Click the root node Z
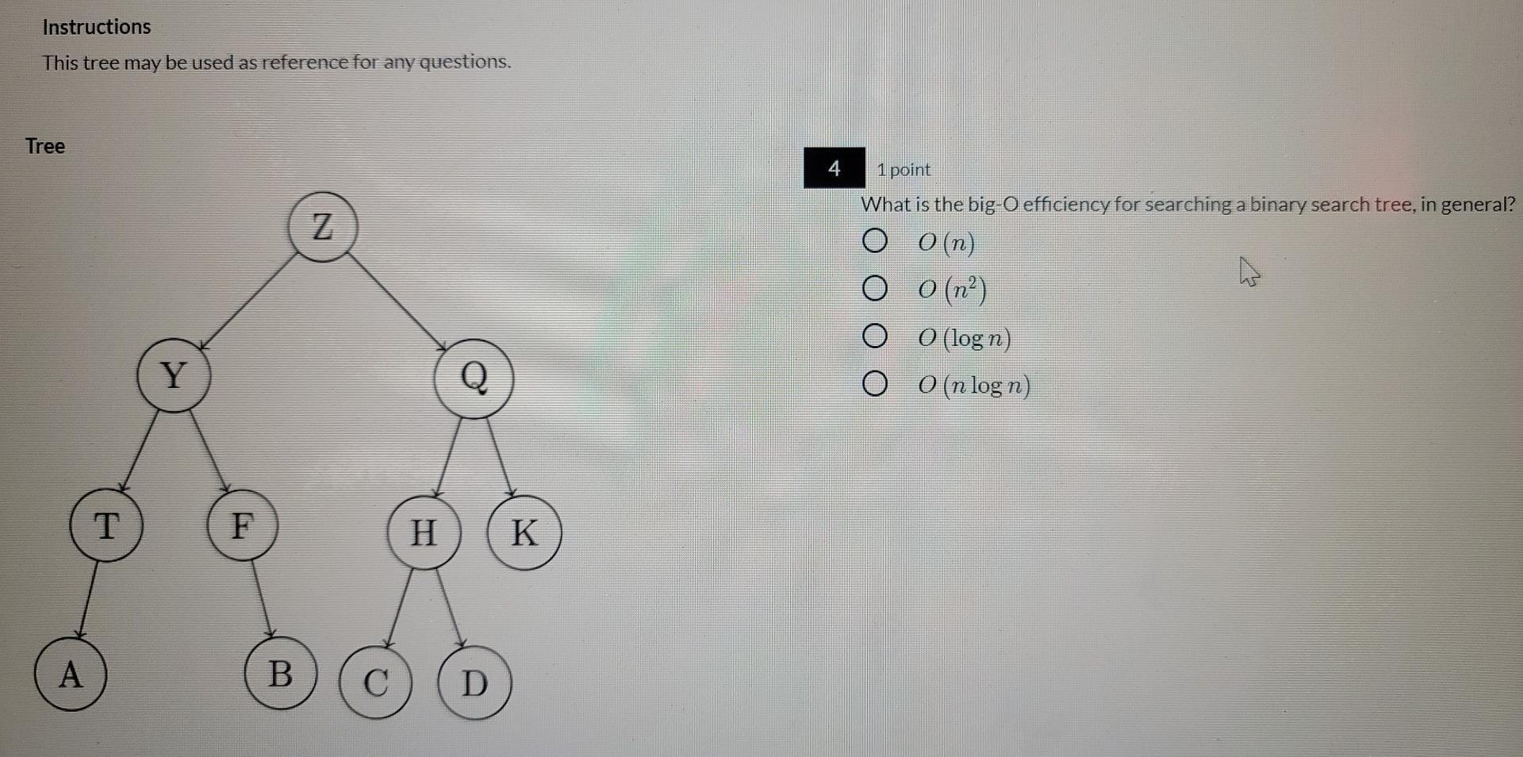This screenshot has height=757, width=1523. click(x=322, y=227)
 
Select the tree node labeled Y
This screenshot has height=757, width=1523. click(x=174, y=375)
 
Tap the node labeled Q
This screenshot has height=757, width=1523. click(x=474, y=378)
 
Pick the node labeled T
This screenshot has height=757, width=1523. click(x=106, y=525)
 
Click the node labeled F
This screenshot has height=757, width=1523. click(x=243, y=525)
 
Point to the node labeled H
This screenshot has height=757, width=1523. click(x=424, y=532)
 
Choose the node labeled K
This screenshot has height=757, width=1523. click(x=524, y=532)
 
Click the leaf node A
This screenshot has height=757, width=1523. click(x=71, y=674)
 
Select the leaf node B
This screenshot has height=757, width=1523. click(x=280, y=674)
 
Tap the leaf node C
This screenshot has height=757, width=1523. click(x=376, y=682)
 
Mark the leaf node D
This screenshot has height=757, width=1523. click(x=474, y=683)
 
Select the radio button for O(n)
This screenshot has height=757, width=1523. click(x=874, y=240)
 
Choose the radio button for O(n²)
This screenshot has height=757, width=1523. click(x=874, y=289)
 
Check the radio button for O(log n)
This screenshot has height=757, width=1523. click(x=874, y=337)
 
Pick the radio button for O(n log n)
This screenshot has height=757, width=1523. click(x=874, y=385)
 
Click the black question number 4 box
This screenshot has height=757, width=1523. click(x=834, y=168)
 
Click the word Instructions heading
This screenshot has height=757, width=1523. click(x=97, y=27)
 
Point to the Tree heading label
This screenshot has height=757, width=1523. click(x=45, y=146)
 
